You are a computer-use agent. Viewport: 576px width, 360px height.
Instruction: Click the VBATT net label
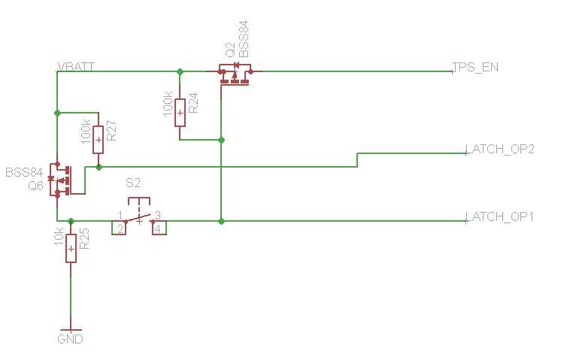coord(77,67)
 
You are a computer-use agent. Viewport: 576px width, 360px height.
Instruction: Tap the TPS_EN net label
coord(475,67)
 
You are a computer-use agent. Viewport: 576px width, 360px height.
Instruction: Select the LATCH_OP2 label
coord(500,149)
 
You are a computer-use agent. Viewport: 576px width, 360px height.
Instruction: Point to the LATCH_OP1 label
coord(499,216)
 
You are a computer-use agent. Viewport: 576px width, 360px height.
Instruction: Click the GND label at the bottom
coord(70,339)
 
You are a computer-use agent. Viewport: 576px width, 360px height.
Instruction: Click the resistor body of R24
coord(180,113)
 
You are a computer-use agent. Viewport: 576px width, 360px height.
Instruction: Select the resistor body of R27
coord(98,140)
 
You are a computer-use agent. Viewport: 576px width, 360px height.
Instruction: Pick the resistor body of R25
coord(71,249)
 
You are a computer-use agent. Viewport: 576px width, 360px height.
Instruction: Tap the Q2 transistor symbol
coord(235,74)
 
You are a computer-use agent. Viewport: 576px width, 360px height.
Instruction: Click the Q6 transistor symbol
coord(60,180)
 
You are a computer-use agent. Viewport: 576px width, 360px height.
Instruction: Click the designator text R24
coord(193,103)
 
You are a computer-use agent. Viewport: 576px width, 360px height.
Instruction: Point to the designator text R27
coord(111,131)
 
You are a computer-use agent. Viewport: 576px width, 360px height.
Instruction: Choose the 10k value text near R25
coord(59,236)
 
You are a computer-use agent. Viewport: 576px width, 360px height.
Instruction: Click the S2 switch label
coord(133,183)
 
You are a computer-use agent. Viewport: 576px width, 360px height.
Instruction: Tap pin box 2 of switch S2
coord(119,228)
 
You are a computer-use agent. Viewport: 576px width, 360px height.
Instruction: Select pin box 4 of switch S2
coord(159,228)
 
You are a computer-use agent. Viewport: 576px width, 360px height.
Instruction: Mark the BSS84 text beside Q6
coord(24,172)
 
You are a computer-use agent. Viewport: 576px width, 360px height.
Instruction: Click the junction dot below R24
coord(221,141)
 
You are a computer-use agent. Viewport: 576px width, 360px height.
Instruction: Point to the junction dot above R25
coord(71,221)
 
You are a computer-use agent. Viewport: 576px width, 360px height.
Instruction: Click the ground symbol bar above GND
coord(71,329)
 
